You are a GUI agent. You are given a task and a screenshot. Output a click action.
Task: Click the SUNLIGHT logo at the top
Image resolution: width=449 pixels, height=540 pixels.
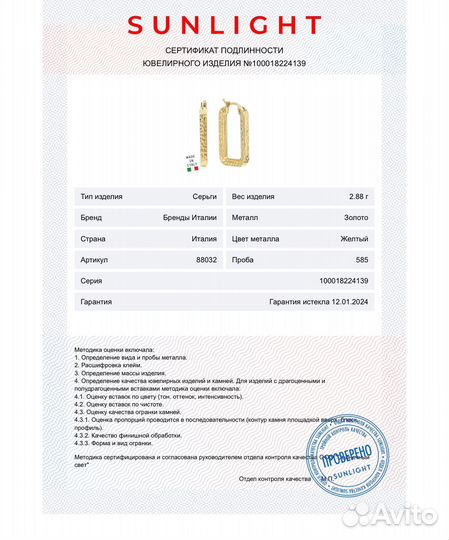(224, 25)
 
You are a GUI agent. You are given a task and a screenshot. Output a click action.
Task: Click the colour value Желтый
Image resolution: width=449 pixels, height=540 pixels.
(355, 239)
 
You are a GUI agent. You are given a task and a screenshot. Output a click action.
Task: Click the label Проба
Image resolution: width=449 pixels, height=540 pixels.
(243, 260)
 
